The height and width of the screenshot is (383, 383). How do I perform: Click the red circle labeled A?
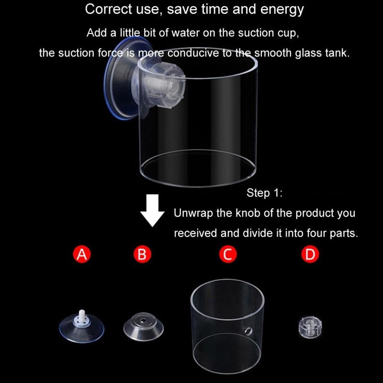click(x=82, y=254)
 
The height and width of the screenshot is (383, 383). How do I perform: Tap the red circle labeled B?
click(x=142, y=254)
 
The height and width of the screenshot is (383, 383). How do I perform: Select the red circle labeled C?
click(x=228, y=254)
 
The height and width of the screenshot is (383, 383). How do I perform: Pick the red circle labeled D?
click(x=310, y=254)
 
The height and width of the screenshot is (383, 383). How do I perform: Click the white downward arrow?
click(x=153, y=211)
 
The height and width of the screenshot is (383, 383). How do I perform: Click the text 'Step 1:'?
click(x=264, y=193)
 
